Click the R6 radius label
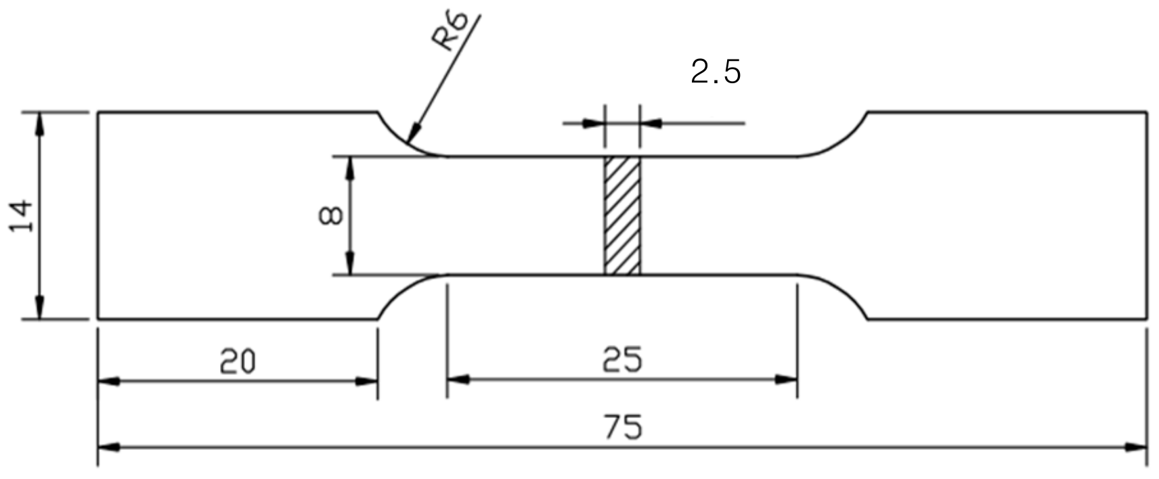coord(451,32)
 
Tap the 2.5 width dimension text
coord(716,72)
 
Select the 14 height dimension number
coord(22,216)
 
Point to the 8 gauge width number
coord(330,216)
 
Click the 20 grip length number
coord(238,362)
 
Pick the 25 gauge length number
coord(621,360)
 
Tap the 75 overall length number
coord(622,428)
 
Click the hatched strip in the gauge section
coord(621,216)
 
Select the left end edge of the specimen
coord(99,216)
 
